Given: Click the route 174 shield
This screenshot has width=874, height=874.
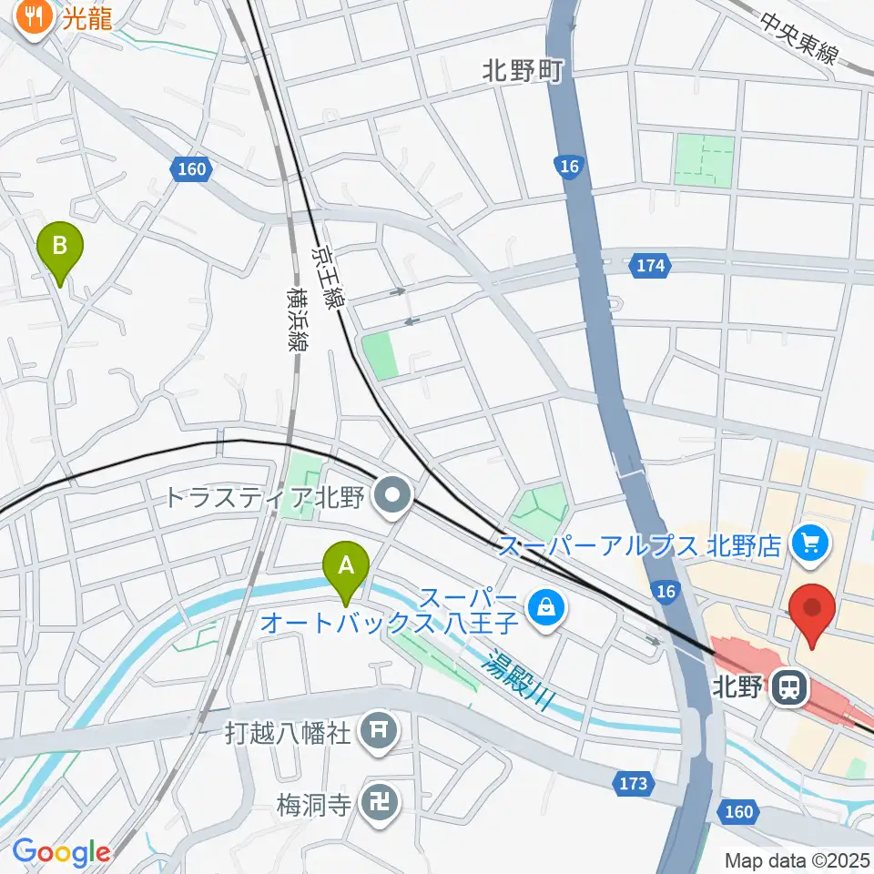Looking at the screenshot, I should click(x=650, y=266).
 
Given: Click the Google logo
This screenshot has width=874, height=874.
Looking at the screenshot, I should click(x=61, y=852).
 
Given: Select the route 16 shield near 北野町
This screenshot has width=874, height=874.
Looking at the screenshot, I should click(x=569, y=166).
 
